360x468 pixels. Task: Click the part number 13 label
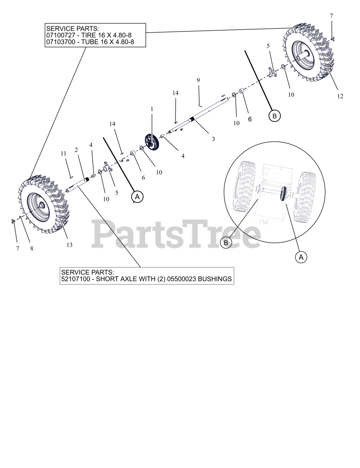pos(69,245)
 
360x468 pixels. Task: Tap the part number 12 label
pos(340,96)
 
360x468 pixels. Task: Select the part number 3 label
pos(213,139)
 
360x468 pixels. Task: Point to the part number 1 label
pos(152,109)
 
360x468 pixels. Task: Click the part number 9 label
pos(198,80)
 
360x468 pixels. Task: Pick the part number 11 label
pos(64,154)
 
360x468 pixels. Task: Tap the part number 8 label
pos(32,249)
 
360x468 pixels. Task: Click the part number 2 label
pos(76,150)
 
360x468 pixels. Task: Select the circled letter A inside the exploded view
pos(137,197)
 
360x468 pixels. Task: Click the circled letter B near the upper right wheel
pos(274,116)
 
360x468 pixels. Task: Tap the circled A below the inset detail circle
pos(301,257)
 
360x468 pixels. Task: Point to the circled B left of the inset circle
pos(226,243)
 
